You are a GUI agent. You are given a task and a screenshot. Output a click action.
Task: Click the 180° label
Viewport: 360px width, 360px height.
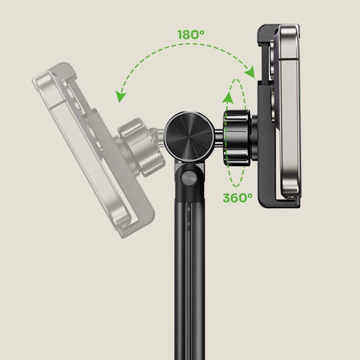[x=191, y=35]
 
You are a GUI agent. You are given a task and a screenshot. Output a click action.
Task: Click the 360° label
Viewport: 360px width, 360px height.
[x=238, y=197]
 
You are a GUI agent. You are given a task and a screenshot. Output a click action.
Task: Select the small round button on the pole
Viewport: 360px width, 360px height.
[x=189, y=178]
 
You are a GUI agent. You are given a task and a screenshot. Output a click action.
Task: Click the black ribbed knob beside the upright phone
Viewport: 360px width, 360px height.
[x=236, y=138]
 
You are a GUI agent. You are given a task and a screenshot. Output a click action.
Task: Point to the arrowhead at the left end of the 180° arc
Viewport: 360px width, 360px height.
[x=120, y=97]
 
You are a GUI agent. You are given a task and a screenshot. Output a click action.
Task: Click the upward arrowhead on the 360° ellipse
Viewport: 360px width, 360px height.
[x=228, y=97]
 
